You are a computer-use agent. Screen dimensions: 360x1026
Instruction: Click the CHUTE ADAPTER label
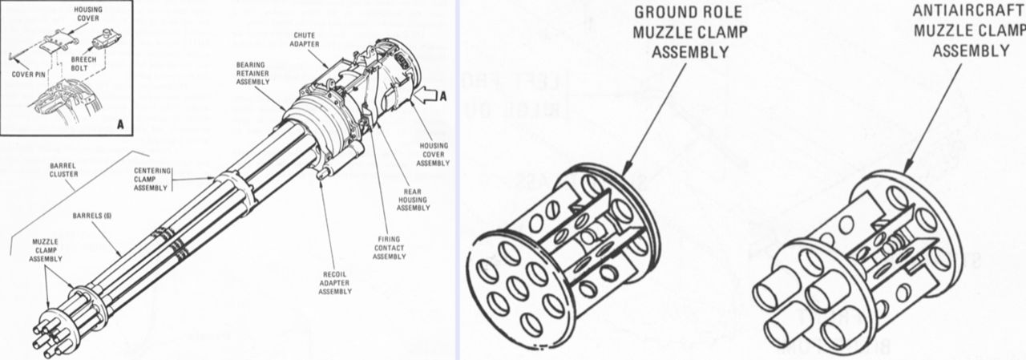[x=304, y=41]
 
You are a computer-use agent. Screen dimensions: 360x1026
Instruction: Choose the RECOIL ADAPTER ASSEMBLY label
[x=335, y=283]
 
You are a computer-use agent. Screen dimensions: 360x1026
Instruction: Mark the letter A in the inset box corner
[x=119, y=124]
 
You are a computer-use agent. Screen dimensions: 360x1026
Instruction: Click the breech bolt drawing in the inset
[x=105, y=38]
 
